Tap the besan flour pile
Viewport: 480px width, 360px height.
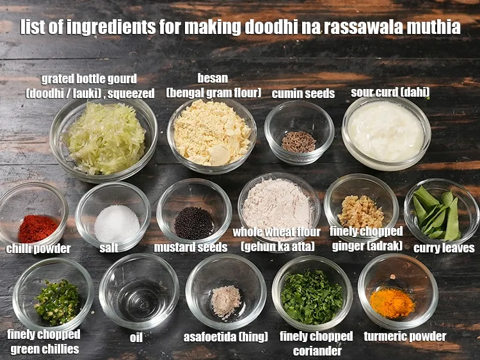click(x=211, y=133)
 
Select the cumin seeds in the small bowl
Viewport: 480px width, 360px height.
click(x=299, y=141)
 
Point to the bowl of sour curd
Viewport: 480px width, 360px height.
click(x=386, y=131)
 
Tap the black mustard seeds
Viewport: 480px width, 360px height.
click(x=194, y=222)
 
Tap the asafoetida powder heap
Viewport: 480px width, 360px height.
click(x=225, y=300)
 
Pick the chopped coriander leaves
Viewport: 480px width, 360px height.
click(x=312, y=296)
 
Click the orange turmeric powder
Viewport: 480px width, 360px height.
click(x=392, y=302)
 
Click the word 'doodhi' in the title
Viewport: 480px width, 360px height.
click(x=289, y=28)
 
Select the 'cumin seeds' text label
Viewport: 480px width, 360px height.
click(x=303, y=94)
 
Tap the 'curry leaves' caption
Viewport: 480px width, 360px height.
click(x=444, y=248)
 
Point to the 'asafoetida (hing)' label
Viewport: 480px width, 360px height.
click(x=225, y=336)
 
